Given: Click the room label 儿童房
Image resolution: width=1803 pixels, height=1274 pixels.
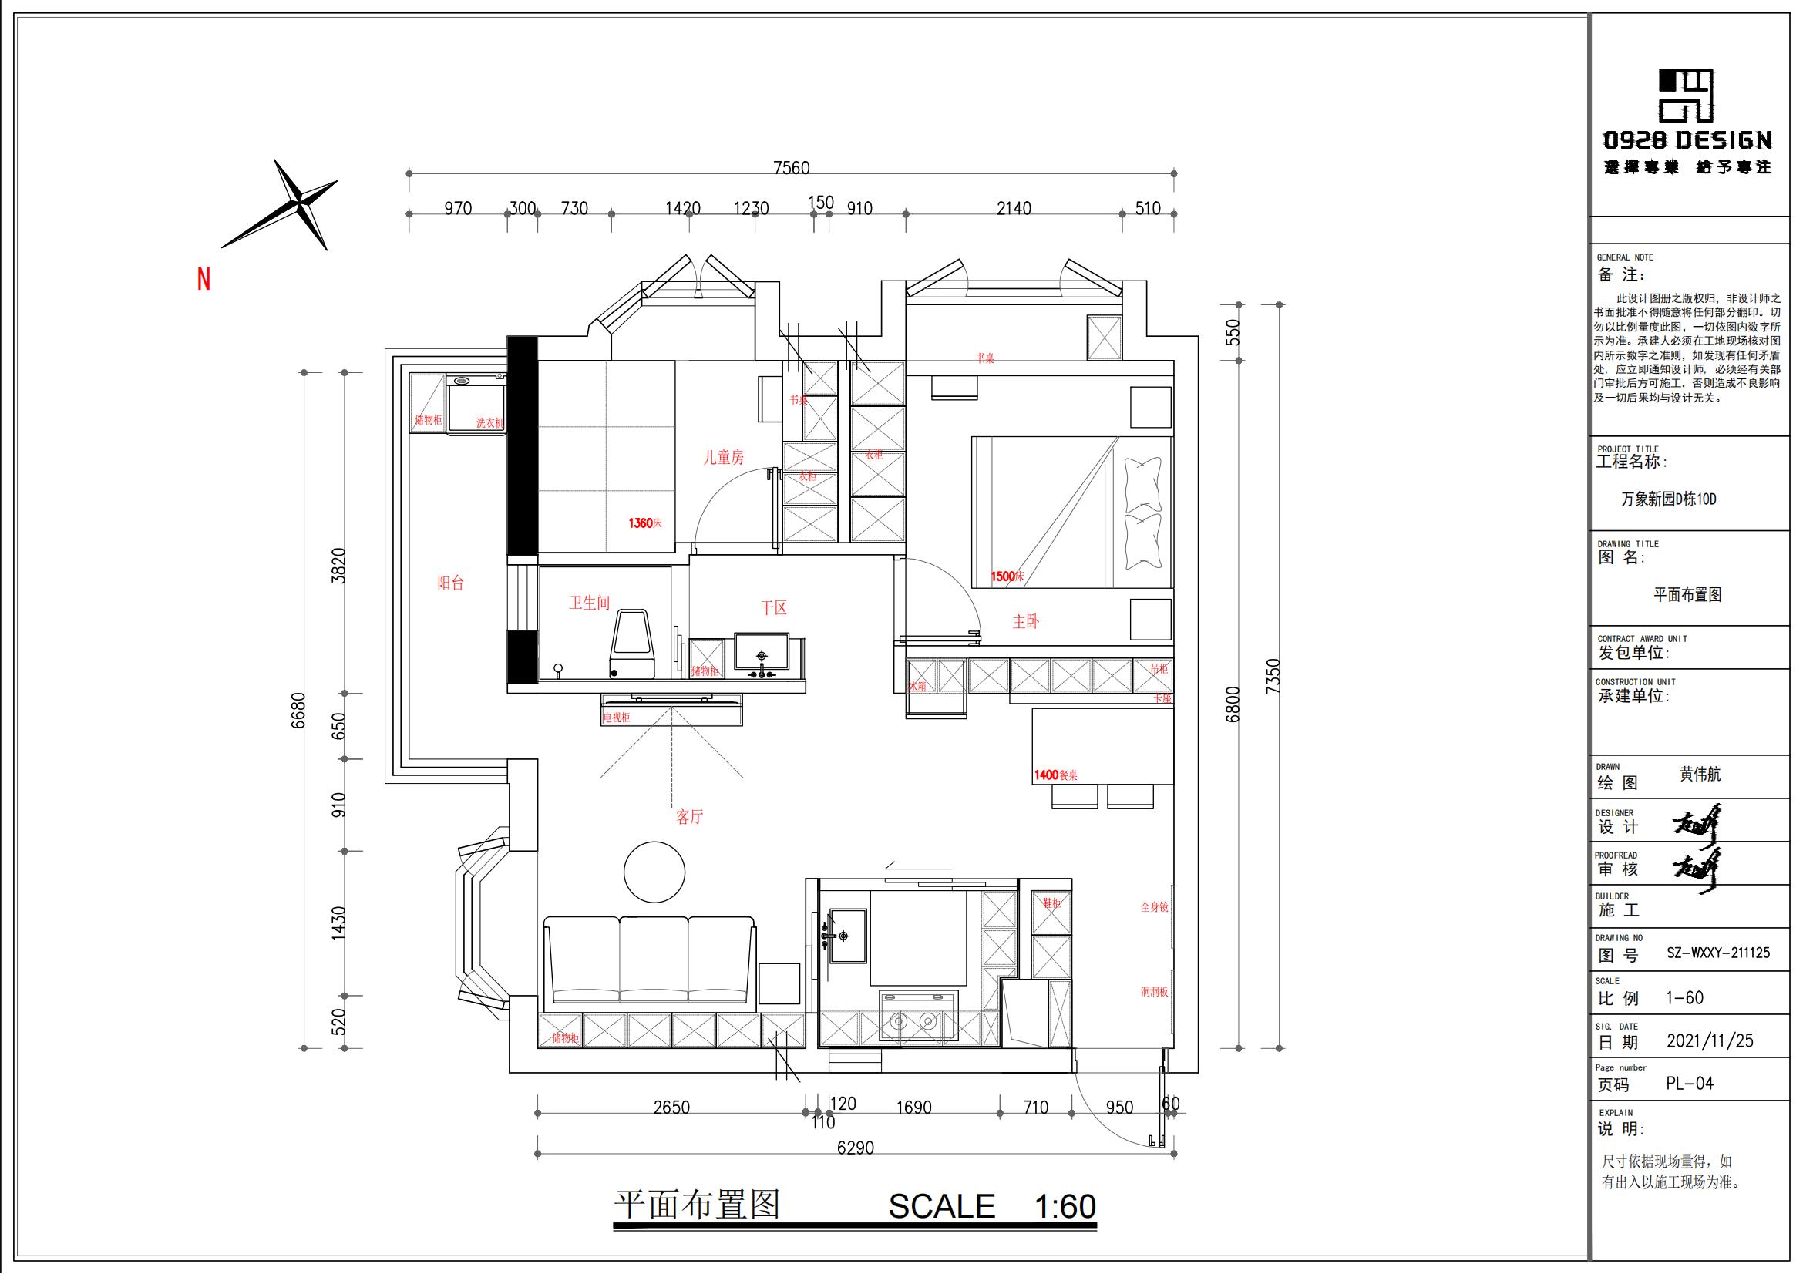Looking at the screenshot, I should click(723, 458).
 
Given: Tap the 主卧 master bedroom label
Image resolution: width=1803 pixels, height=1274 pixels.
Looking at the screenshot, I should click(1025, 622).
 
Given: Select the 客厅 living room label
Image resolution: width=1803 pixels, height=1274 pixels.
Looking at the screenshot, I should click(689, 817).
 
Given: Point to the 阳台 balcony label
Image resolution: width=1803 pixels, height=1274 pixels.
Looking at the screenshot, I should click(451, 583).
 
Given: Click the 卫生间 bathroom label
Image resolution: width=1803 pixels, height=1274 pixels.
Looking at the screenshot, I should click(590, 603).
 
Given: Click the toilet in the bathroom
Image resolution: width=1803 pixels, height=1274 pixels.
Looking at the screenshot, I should click(633, 645).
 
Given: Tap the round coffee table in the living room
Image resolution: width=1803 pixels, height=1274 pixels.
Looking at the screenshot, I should click(654, 872).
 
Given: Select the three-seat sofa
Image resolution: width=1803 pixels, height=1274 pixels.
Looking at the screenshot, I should click(649, 960).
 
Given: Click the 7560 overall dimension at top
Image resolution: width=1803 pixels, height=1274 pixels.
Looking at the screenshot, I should click(791, 168).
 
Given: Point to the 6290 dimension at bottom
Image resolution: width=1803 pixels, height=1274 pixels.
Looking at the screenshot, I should click(855, 1148).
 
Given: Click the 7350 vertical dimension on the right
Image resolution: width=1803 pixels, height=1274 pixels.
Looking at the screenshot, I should click(1273, 675).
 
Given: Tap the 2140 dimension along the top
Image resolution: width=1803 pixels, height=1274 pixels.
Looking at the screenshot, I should click(1014, 209).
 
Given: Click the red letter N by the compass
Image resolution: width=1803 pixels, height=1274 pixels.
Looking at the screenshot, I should click(204, 280).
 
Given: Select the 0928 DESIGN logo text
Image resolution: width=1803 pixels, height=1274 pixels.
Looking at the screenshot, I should click(1687, 140).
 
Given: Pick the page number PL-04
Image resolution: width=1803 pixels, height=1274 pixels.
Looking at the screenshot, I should click(1690, 1084).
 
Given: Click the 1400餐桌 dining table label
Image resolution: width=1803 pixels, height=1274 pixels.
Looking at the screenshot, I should click(1055, 775).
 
